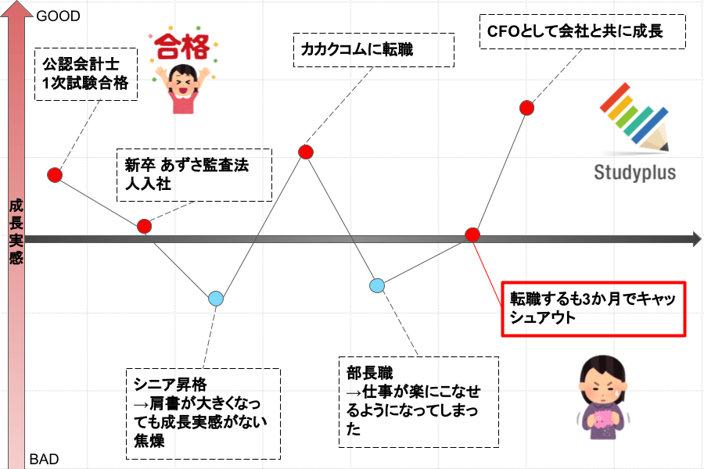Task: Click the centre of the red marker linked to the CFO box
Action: (x=526, y=108)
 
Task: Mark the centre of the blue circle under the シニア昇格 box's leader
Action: (x=216, y=299)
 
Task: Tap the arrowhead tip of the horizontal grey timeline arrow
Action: (x=702, y=239)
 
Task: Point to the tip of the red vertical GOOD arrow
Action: (x=16, y=2)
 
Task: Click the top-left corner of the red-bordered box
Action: (x=502, y=282)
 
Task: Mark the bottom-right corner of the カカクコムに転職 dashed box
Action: (x=454, y=67)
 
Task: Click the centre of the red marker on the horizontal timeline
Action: (x=472, y=234)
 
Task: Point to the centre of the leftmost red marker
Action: (x=55, y=174)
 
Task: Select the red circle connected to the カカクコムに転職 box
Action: (x=306, y=152)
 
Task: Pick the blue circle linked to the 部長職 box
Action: (x=377, y=285)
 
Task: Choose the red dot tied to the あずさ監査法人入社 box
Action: (x=144, y=226)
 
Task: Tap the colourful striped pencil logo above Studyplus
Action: (x=634, y=116)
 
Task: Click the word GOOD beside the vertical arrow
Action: (x=59, y=16)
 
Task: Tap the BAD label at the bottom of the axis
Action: (x=44, y=460)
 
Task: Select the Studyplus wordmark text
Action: (x=635, y=172)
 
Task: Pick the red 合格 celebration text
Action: (x=183, y=47)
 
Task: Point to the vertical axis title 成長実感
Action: (x=16, y=231)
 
